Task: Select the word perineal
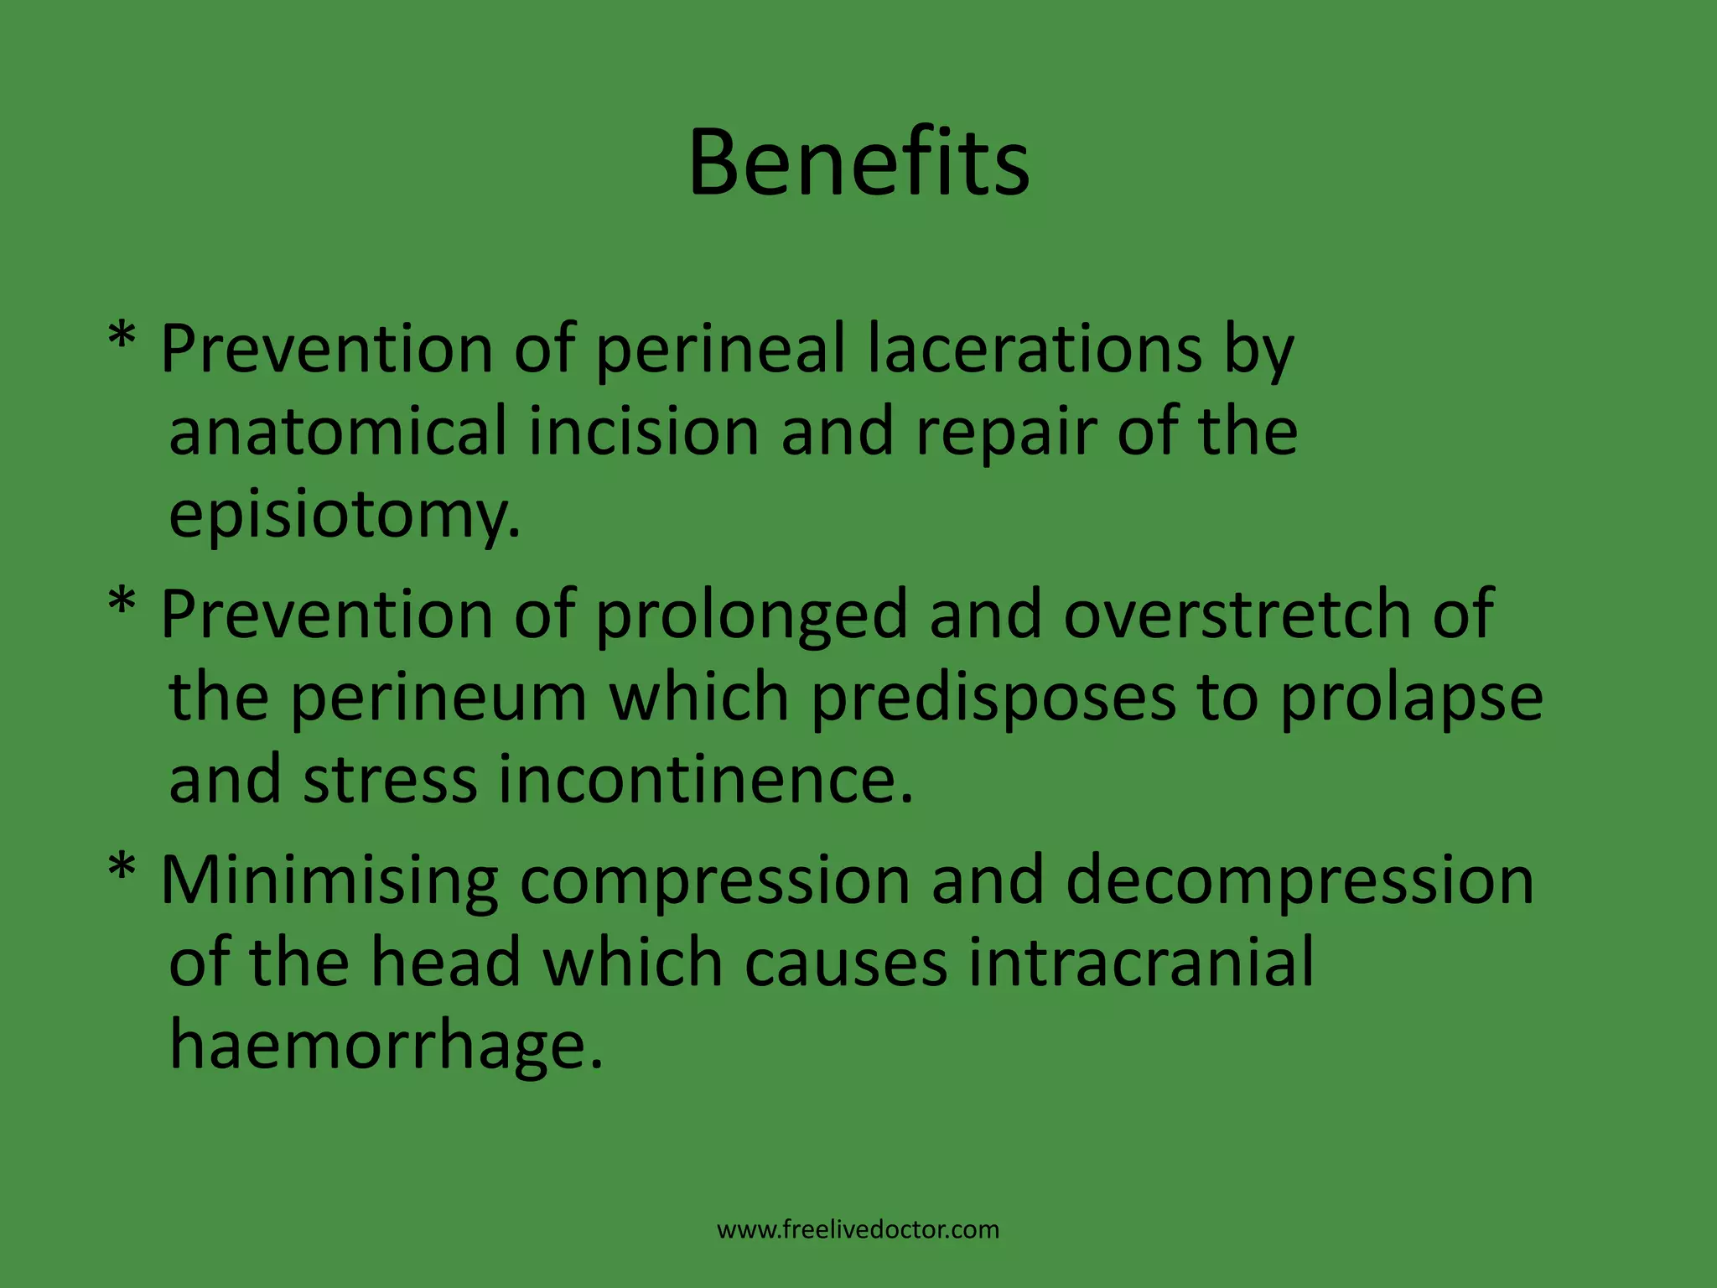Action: tap(720, 350)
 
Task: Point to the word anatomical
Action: tap(338, 431)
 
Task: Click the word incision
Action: tap(643, 431)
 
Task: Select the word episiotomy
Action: tap(344, 515)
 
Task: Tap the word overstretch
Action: tap(1237, 614)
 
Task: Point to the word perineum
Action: tap(438, 699)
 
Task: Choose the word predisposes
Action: tap(993, 699)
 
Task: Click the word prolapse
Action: tap(1411, 699)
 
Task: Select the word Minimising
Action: tap(329, 880)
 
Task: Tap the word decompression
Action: tap(1299, 880)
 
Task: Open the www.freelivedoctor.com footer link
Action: tap(858, 1229)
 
